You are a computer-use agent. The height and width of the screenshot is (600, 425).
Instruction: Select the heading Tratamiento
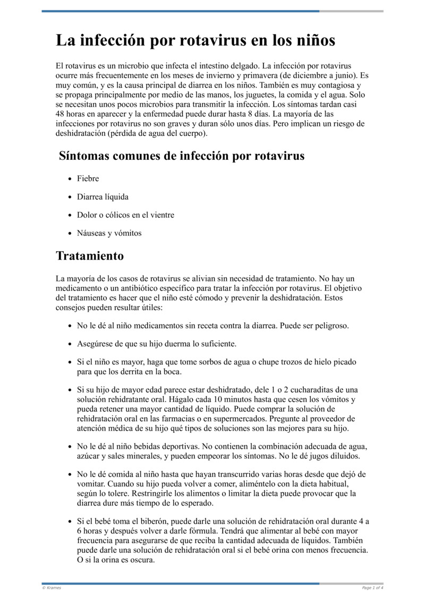pyautogui.click(x=90, y=256)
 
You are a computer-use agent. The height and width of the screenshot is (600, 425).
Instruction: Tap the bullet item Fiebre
pyautogui.click(x=88, y=179)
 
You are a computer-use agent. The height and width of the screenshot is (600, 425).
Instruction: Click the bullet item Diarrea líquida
pyautogui.click(x=103, y=197)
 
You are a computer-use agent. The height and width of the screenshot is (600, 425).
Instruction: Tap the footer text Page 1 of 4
pyautogui.click(x=372, y=588)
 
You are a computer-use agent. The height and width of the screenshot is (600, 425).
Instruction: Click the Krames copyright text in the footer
pyautogui.click(x=52, y=588)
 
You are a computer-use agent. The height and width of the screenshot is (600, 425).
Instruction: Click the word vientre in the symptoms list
pyautogui.click(x=161, y=215)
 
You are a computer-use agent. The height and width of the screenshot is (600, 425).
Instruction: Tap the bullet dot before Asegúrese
pyautogui.click(x=70, y=344)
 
